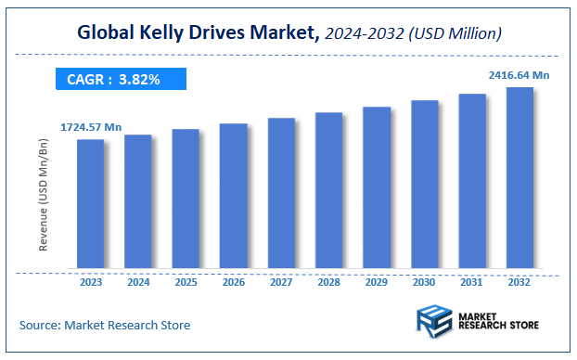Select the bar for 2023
(x=90, y=205)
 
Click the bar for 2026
(x=233, y=197)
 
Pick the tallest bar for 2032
(x=519, y=179)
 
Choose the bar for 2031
(x=472, y=182)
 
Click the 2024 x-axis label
(x=138, y=282)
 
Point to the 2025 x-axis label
(x=186, y=282)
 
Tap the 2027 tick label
(x=281, y=282)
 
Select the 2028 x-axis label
(x=328, y=282)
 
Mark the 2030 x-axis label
(x=424, y=282)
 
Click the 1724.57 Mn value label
(x=91, y=126)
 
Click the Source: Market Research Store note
(x=105, y=325)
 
